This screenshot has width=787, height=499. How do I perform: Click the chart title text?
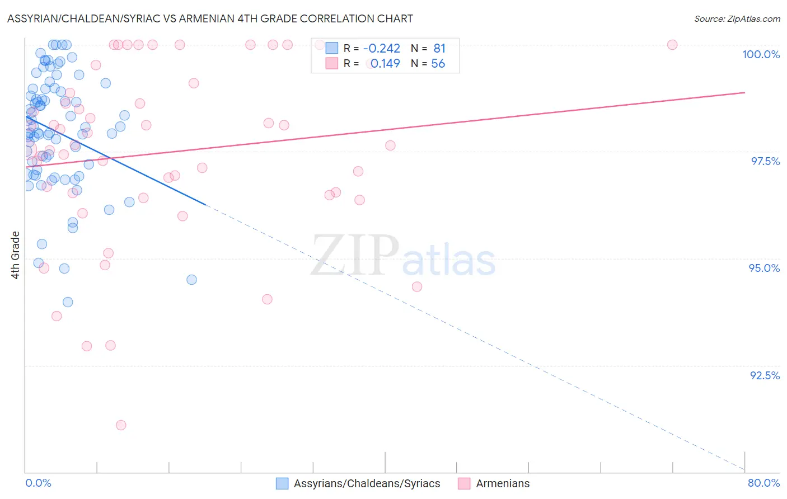(210, 18)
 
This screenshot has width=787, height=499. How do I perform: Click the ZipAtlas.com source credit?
(737, 18)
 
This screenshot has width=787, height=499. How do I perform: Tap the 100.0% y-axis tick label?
(761, 54)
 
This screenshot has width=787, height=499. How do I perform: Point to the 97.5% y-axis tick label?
(765, 161)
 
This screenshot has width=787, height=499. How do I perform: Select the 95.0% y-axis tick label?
(764, 268)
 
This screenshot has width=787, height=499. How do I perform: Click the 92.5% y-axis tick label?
(765, 375)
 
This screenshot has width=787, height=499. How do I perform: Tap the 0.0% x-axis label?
(38, 483)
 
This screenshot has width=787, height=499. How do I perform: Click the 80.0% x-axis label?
(763, 483)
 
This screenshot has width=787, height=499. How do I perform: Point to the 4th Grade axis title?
(16, 255)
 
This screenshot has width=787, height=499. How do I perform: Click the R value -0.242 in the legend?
(382, 49)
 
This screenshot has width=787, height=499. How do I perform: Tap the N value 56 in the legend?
(438, 64)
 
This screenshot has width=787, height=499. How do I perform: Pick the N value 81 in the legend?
(439, 49)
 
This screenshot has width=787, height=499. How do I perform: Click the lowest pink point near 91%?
(121, 425)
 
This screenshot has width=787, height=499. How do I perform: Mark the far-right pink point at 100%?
(672, 45)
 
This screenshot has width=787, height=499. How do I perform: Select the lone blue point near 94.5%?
(191, 280)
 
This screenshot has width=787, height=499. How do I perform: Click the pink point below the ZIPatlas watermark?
(417, 287)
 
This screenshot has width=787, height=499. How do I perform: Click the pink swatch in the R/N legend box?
(332, 64)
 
